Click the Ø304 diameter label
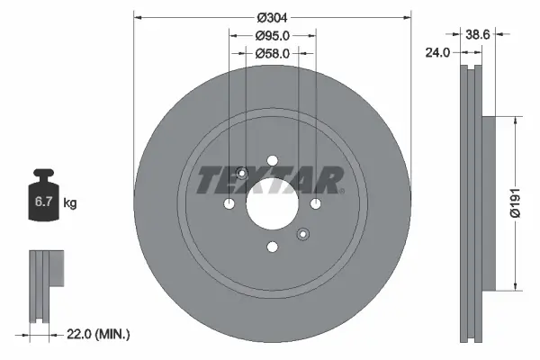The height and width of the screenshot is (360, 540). tap(272, 18)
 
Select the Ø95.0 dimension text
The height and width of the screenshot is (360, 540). tap(272, 36)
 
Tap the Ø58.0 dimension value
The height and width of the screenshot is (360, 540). tap(272, 54)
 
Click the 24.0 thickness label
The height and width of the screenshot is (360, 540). tap(438, 53)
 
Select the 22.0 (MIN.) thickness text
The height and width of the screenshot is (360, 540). tap(100, 334)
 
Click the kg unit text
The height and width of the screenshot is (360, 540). tap(71, 203)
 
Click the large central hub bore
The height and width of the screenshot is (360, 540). tap(272, 205)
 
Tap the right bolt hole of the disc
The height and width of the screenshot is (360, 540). tap(315, 205)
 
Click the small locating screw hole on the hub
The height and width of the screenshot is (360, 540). tap(302, 235)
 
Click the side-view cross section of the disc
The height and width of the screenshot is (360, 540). tap(472, 203)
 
